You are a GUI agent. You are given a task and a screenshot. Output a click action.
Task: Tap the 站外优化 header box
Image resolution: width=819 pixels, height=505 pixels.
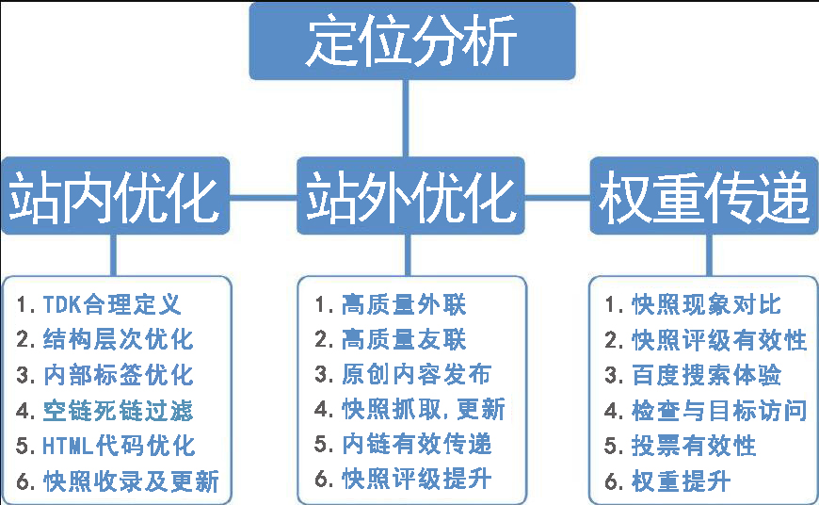tap(410, 195)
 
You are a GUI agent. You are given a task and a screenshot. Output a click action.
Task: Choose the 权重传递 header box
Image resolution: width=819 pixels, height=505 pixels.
tap(703, 195)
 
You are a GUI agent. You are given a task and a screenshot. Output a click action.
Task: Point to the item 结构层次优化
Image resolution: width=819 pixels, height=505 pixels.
tap(104, 339)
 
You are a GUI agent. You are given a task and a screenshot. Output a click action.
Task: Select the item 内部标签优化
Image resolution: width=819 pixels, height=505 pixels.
tap(104, 374)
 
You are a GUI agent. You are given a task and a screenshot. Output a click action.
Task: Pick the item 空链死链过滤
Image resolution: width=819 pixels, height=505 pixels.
tap(104, 410)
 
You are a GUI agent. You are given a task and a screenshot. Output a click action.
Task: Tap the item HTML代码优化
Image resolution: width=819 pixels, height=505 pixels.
tap(104, 445)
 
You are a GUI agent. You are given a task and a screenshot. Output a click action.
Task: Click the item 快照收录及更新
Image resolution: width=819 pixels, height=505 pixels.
tap(118, 481)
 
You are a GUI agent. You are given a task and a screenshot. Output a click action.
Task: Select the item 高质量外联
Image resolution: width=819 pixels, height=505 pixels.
tap(391, 304)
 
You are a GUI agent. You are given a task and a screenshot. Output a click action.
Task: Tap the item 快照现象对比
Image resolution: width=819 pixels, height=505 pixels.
tap(693, 304)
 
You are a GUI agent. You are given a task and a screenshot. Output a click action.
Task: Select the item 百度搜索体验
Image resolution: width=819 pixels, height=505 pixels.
tap(693, 374)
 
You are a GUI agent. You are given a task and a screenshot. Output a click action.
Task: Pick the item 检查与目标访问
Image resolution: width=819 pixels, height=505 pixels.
tap(706, 410)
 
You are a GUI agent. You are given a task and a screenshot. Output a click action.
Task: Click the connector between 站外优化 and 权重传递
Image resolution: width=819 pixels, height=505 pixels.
tap(556, 197)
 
